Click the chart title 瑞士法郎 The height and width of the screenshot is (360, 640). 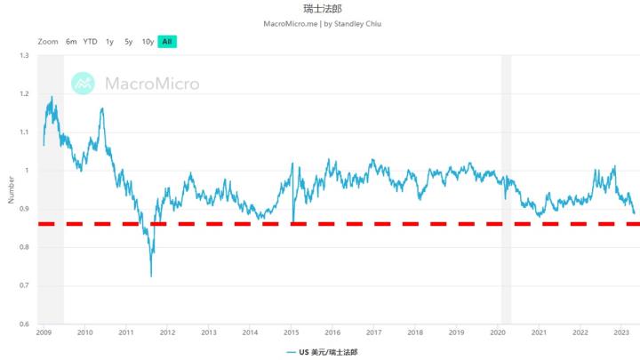[320, 8]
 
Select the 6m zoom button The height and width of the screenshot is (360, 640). [71, 42]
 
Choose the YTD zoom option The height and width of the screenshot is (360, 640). [90, 42]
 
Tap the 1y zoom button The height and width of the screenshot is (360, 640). [109, 42]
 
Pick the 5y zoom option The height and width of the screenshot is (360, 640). [129, 42]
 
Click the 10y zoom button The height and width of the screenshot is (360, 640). [148, 42]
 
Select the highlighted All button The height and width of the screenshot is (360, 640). [166, 42]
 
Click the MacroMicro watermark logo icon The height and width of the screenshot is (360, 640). [84, 83]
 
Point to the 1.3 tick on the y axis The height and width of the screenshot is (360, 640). [23, 56]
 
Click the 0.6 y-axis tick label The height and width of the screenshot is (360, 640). [23, 324]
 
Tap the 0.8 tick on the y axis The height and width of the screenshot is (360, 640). [23, 247]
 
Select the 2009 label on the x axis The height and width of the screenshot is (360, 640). [44, 332]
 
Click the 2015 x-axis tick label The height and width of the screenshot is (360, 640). [292, 332]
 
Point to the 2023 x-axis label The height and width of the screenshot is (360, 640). [621, 332]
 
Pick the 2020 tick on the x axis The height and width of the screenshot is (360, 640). [498, 332]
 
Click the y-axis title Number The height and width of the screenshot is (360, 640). [10, 190]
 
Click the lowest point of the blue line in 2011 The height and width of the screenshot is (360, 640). [151, 276]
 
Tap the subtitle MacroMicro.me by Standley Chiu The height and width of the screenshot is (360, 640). [320, 23]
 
